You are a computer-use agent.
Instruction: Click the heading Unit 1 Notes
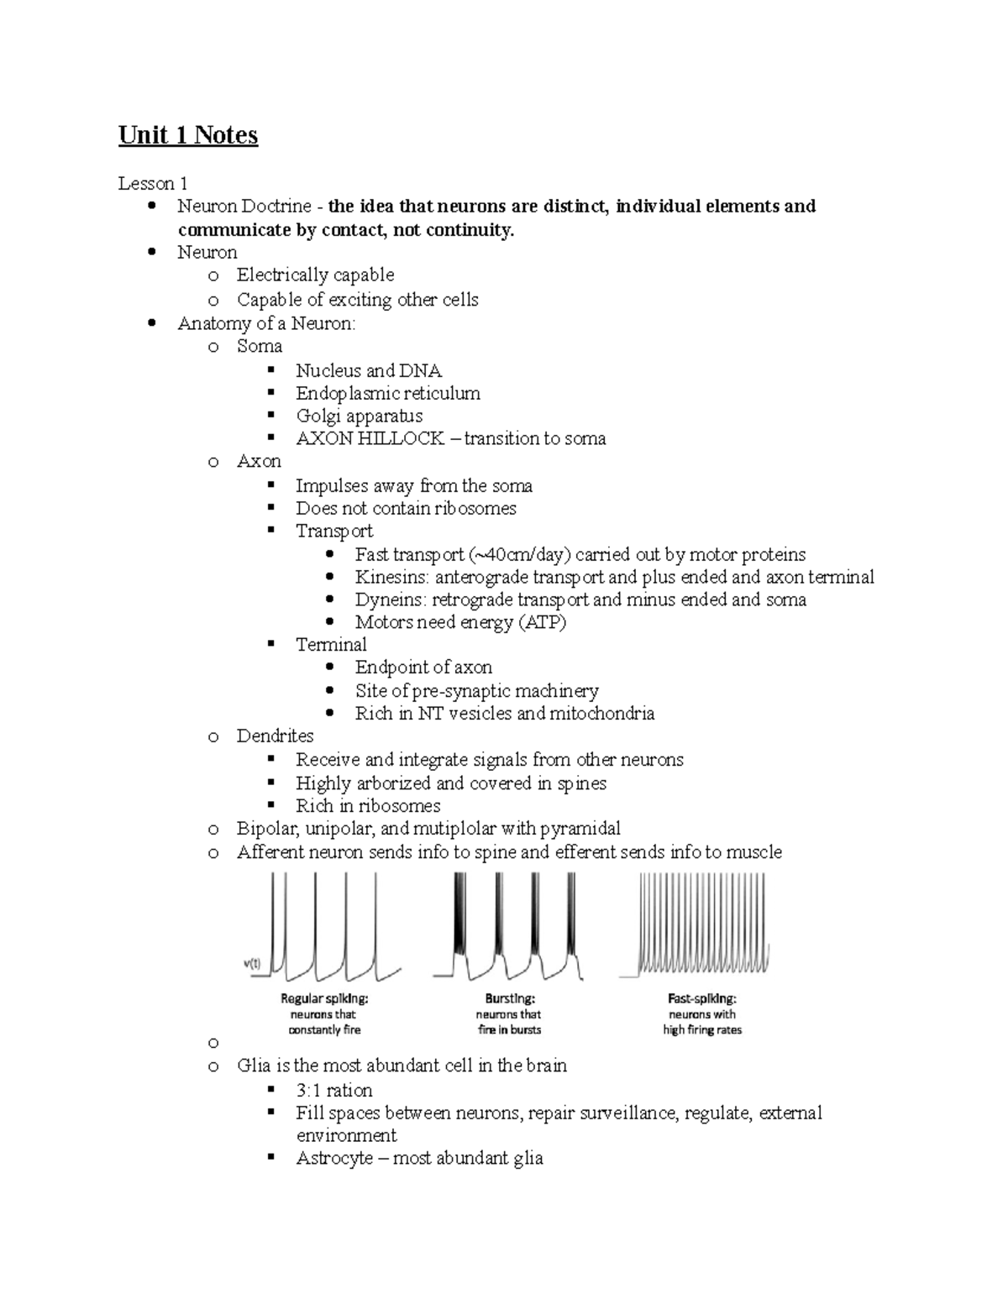[x=187, y=135]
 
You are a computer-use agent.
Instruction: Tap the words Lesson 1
[x=152, y=183]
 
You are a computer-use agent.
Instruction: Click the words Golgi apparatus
[x=359, y=416]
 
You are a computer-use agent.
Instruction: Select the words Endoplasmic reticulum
[x=387, y=393]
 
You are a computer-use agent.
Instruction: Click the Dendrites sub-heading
[x=275, y=736]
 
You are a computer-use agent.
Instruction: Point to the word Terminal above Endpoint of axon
[x=331, y=644]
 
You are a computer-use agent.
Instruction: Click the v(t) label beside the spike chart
[x=252, y=963]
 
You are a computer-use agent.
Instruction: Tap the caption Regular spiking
[x=324, y=999]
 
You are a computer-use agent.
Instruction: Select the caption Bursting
[x=510, y=999]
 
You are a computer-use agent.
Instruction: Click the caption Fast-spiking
[x=702, y=999]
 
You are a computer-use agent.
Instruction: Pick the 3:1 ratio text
[x=333, y=1090]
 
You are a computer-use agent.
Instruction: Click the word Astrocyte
[x=330, y=1158]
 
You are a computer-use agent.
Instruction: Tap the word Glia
[x=253, y=1066]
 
